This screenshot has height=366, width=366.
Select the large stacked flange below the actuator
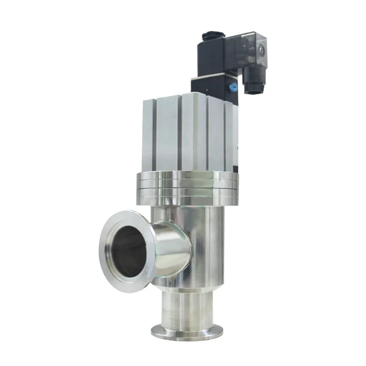(x=185, y=188)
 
